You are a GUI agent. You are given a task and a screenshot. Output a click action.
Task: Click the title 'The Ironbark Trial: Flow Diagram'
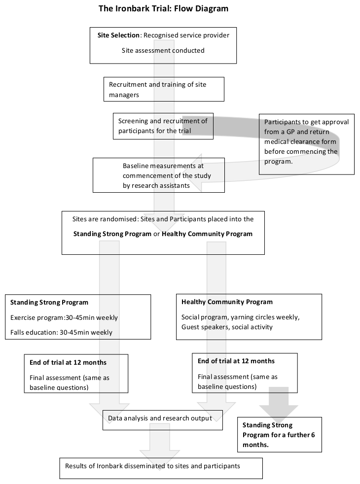[163, 8]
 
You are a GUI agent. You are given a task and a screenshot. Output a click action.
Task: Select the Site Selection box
[163, 45]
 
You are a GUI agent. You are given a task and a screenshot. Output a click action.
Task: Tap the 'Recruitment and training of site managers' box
[164, 89]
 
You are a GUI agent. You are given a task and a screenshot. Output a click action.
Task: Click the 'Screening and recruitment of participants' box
[163, 126]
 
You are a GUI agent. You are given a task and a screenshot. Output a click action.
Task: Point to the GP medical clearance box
[307, 144]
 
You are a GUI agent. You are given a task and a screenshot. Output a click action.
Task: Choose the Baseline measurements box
[159, 175]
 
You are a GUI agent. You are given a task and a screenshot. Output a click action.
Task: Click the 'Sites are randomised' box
[163, 233]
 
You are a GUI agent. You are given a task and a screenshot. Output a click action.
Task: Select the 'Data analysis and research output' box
[162, 420]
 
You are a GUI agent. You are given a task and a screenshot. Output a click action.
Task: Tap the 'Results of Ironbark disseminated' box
[161, 468]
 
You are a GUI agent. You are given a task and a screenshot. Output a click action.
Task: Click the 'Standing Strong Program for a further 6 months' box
[280, 435]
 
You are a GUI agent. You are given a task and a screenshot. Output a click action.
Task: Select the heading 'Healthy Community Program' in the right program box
[227, 302]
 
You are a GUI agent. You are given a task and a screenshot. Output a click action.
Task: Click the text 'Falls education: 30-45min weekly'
[61, 332]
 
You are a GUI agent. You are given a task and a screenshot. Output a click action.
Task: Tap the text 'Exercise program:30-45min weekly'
[64, 317]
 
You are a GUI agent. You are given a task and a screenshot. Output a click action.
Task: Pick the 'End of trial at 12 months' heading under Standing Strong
[68, 362]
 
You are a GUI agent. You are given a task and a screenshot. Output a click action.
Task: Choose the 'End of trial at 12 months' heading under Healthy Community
[236, 361]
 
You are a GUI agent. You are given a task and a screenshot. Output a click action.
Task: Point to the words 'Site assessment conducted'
[163, 50]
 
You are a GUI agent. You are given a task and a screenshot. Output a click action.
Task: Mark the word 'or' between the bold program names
[156, 234]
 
